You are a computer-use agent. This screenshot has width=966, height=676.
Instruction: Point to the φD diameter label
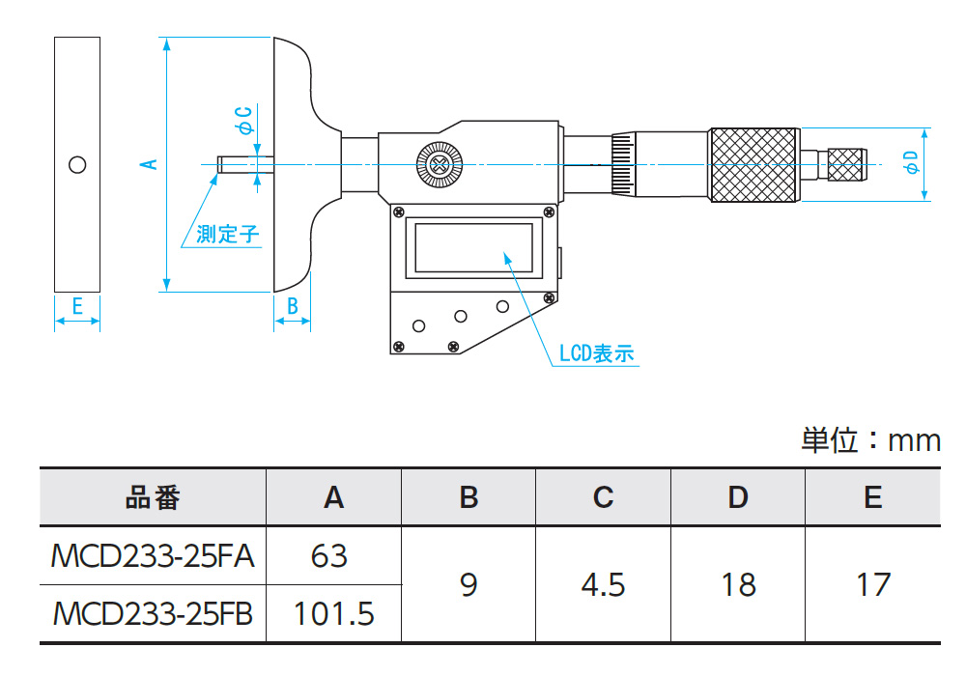coord(910,162)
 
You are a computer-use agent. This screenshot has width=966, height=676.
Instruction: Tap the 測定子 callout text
coord(228,234)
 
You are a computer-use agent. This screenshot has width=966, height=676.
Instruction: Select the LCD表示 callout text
coord(596,353)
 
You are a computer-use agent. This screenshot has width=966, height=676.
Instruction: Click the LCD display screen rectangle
coord(472,246)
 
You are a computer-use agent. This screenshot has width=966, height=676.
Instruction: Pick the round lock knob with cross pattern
coord(438,164)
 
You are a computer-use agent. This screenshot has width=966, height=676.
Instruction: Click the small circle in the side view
coord(77,164)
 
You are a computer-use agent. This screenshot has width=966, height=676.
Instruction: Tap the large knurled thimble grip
coord(754,164)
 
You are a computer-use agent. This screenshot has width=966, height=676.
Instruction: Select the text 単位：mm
coord(870,440)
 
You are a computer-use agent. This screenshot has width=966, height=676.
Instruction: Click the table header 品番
coord(153,497)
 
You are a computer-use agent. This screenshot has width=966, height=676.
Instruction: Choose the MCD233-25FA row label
coord(153,556)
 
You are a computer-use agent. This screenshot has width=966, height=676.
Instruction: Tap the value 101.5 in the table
coord(333,613)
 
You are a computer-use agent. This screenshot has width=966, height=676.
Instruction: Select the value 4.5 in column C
coord(604,584)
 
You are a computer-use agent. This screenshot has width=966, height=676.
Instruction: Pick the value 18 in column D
coord(738,584)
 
